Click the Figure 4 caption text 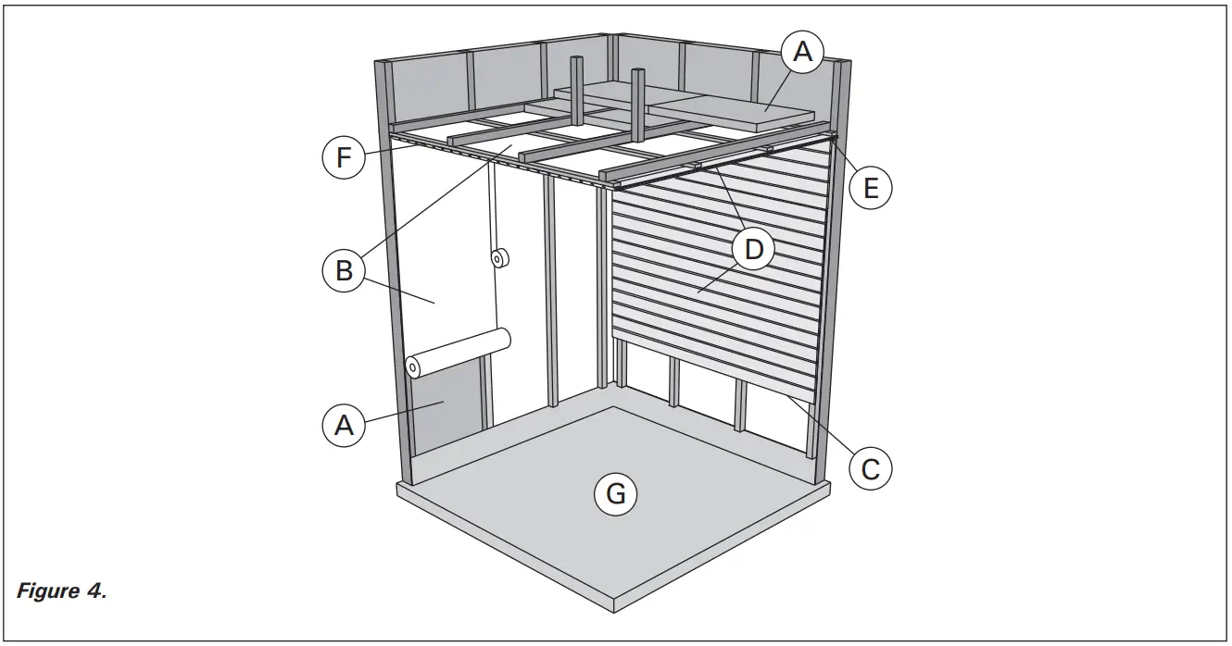[x=61, y=591]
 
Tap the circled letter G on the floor [x=616, y=494]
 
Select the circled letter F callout [x=344, y=158]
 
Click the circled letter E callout [x=871, y=189]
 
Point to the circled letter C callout [x=871, y=467]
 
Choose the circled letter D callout [x=754, y=248]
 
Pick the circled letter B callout [x=344, y=271]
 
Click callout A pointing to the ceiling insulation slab [x=803, y=53]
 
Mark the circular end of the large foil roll [x=413, y=368]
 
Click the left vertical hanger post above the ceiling [x=575, y=93]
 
